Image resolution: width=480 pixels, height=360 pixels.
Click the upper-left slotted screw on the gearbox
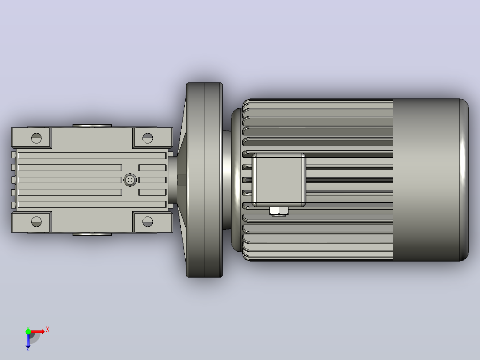pyautogui.click(x=37, y=138)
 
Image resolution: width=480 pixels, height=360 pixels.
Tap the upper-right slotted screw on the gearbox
pyautogui.click(x=147, y=138)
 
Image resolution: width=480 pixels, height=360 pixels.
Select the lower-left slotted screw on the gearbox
pyautogui.click(x=37, y=222)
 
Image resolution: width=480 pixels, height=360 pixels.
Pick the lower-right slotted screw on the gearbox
pyautogui.click(x=147, y=222)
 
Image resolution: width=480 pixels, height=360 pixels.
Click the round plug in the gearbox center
pyautogui.click(x=130, y=180)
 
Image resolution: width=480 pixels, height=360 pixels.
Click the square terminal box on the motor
pyautogui.click(x=279, y=180)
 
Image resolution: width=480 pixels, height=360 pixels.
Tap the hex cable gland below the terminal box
pyautogui.click(x=279, y=211)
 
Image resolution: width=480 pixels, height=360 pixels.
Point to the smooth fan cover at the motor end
pyautogui.click(x=431, y=180)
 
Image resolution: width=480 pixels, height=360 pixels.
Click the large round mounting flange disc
pyautogui.click(x=204, y=180)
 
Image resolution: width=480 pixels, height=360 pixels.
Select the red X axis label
pyautogui.click(x=48, y=330)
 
